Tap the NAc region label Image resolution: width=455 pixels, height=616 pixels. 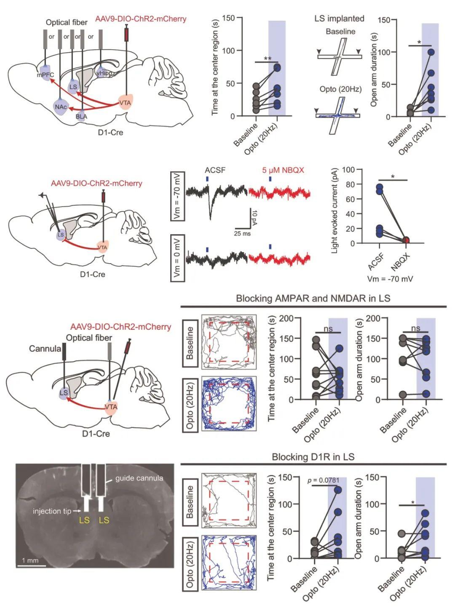pos(60,107)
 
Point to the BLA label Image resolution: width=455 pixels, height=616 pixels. pos(81,117)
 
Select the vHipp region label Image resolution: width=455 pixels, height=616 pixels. pos(104,73)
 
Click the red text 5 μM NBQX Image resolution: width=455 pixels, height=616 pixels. pos(283,171)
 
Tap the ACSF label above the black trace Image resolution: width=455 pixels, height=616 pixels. pos(215,171)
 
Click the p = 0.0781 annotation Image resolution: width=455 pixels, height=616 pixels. pos(324,480)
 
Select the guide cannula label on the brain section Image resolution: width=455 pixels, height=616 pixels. pos(139,478)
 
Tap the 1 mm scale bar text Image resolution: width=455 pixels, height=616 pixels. pos(30,560)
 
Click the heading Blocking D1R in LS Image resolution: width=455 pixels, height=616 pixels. pos(313,457)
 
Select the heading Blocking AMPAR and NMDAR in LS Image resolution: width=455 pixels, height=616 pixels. pos(313,299)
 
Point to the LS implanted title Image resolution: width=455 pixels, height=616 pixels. pos(339,19)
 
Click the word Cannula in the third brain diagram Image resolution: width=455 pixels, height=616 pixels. pos(45,349)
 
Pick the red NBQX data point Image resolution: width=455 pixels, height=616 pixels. pos(406,240)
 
